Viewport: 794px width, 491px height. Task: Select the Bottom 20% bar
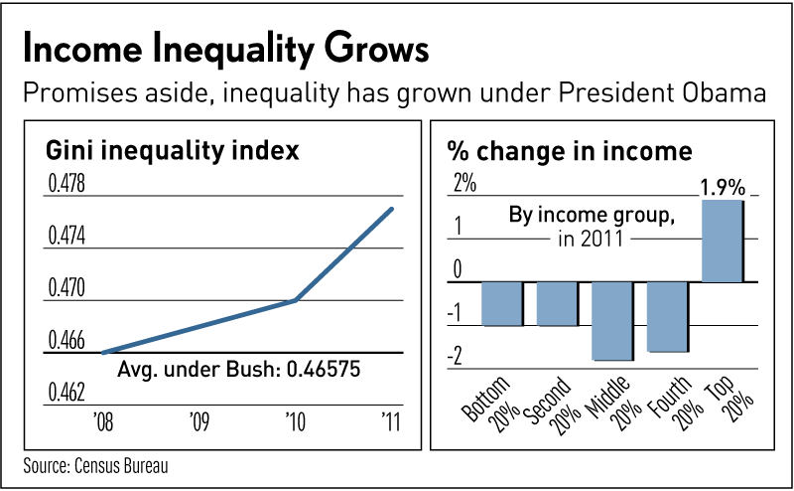502,303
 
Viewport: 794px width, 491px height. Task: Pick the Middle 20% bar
611,320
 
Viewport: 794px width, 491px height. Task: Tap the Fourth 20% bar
666,316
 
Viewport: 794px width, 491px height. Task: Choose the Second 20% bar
557,303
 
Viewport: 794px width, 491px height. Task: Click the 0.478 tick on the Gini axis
66,185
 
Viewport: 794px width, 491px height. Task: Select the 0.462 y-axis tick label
66,394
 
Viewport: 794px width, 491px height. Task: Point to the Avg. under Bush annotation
238,370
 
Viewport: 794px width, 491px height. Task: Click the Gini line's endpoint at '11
393,209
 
